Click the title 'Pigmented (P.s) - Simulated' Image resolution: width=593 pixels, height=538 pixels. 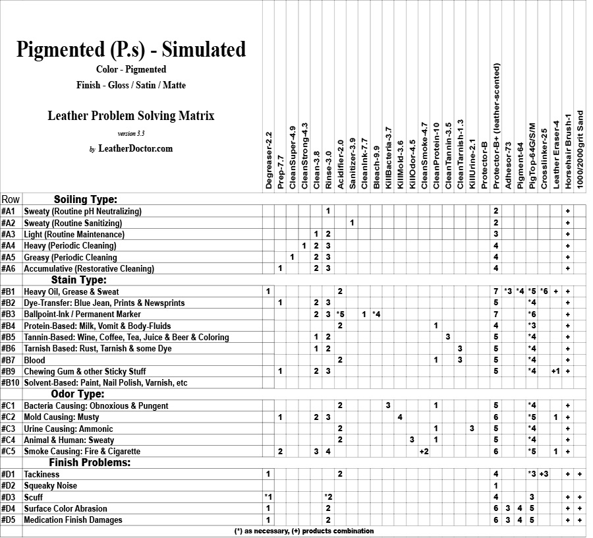coord(131,49)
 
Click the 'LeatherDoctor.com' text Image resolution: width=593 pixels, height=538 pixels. coord(135,149)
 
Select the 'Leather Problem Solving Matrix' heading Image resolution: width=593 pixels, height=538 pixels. coord(131,116)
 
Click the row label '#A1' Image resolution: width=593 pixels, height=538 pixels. coord(9,212)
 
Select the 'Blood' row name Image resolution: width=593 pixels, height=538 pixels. coord(35,360)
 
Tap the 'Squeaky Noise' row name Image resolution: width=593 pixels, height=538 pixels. coord(51,486)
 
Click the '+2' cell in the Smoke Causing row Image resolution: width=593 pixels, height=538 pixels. coord(424,452)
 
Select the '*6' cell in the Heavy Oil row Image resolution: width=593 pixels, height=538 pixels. coord(544,291)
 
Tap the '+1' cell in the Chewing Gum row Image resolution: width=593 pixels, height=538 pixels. coord(555,371)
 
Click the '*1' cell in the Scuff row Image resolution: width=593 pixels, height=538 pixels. coord(268,497)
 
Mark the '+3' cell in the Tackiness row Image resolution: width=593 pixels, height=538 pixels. coord(544,474)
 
